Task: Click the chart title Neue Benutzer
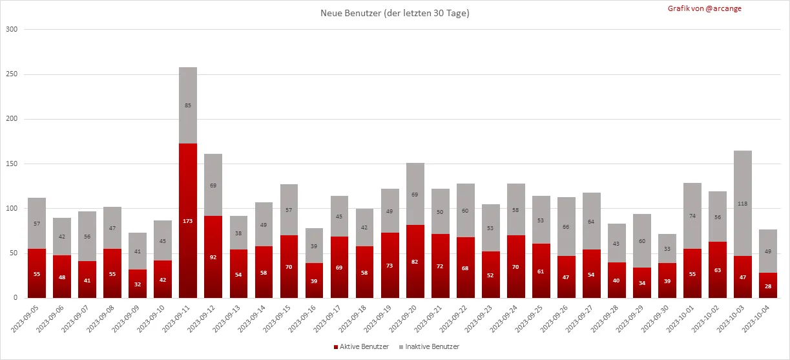(x=395, y=13)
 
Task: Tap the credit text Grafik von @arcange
(x=705, y=8)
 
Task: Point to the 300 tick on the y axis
(x=12, y=30)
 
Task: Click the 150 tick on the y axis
(x=12, y=164)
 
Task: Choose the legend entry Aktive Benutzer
(x=361, y=347)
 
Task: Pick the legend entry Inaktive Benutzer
(x=430, y=347)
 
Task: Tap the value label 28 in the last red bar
(x=769, y=286)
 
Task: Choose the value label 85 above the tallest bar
(x=188, y=105)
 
